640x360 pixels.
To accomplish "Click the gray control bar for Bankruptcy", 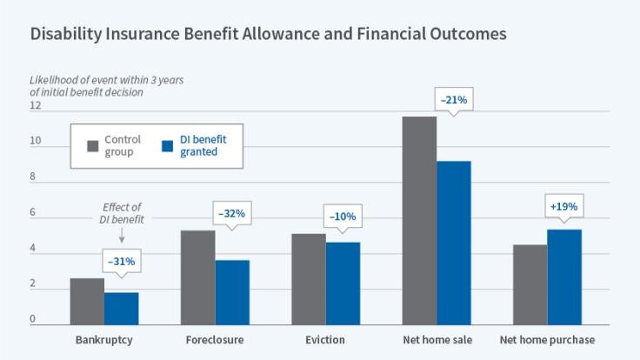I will [87, 301].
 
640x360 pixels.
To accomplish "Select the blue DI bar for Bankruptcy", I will [121, 308].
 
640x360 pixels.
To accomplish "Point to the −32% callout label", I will [230, 213].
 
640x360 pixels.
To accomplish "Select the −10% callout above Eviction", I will [342, 217].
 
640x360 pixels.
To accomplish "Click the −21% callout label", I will [454, 100].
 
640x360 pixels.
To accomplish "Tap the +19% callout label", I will [563, 207].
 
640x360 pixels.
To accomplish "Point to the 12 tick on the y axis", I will [36, 106].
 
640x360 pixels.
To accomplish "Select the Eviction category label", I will [325, 339].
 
